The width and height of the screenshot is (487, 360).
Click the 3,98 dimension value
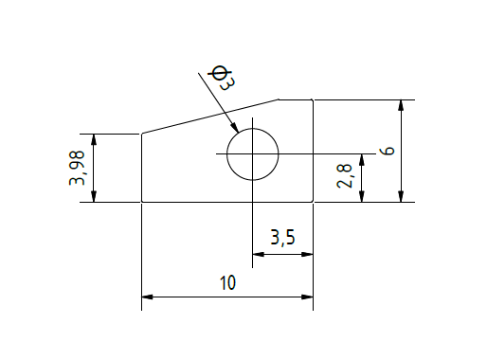(77, 168)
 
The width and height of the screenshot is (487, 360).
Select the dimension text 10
(227, 282)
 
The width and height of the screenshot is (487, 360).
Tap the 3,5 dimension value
(282, 238)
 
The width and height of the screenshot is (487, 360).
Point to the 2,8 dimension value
(344, 176)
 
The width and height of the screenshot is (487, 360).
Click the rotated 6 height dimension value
(388, 151)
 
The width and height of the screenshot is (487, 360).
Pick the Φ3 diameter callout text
(222, 78)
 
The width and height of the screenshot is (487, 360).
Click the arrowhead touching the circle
(234, 127)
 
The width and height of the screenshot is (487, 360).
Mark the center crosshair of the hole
(252, 153)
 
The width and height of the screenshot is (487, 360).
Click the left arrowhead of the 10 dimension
(147, 297)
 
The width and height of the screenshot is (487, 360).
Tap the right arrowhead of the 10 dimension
(307, 297)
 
